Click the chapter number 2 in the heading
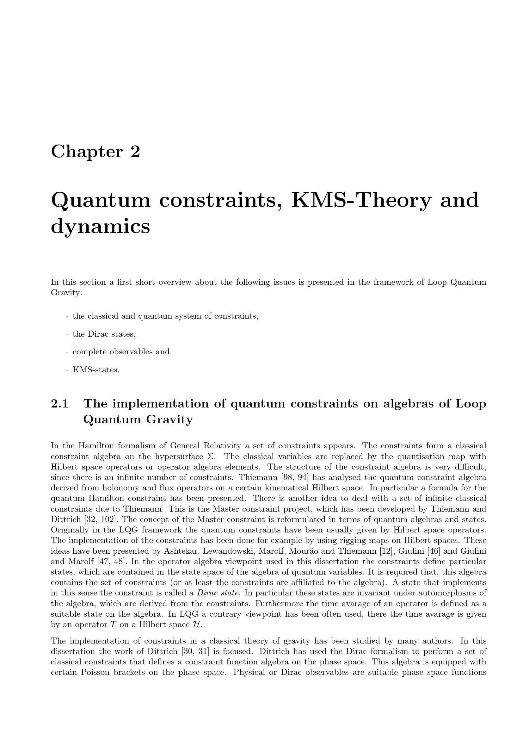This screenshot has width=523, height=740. [x=135, y=152]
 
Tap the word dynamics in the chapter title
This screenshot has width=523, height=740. [x=101, y=227]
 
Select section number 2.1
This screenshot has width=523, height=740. [x=59, y=404]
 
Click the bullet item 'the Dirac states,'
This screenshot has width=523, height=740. [x=104, y=334]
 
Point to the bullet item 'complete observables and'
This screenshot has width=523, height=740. [x=121, y=351]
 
